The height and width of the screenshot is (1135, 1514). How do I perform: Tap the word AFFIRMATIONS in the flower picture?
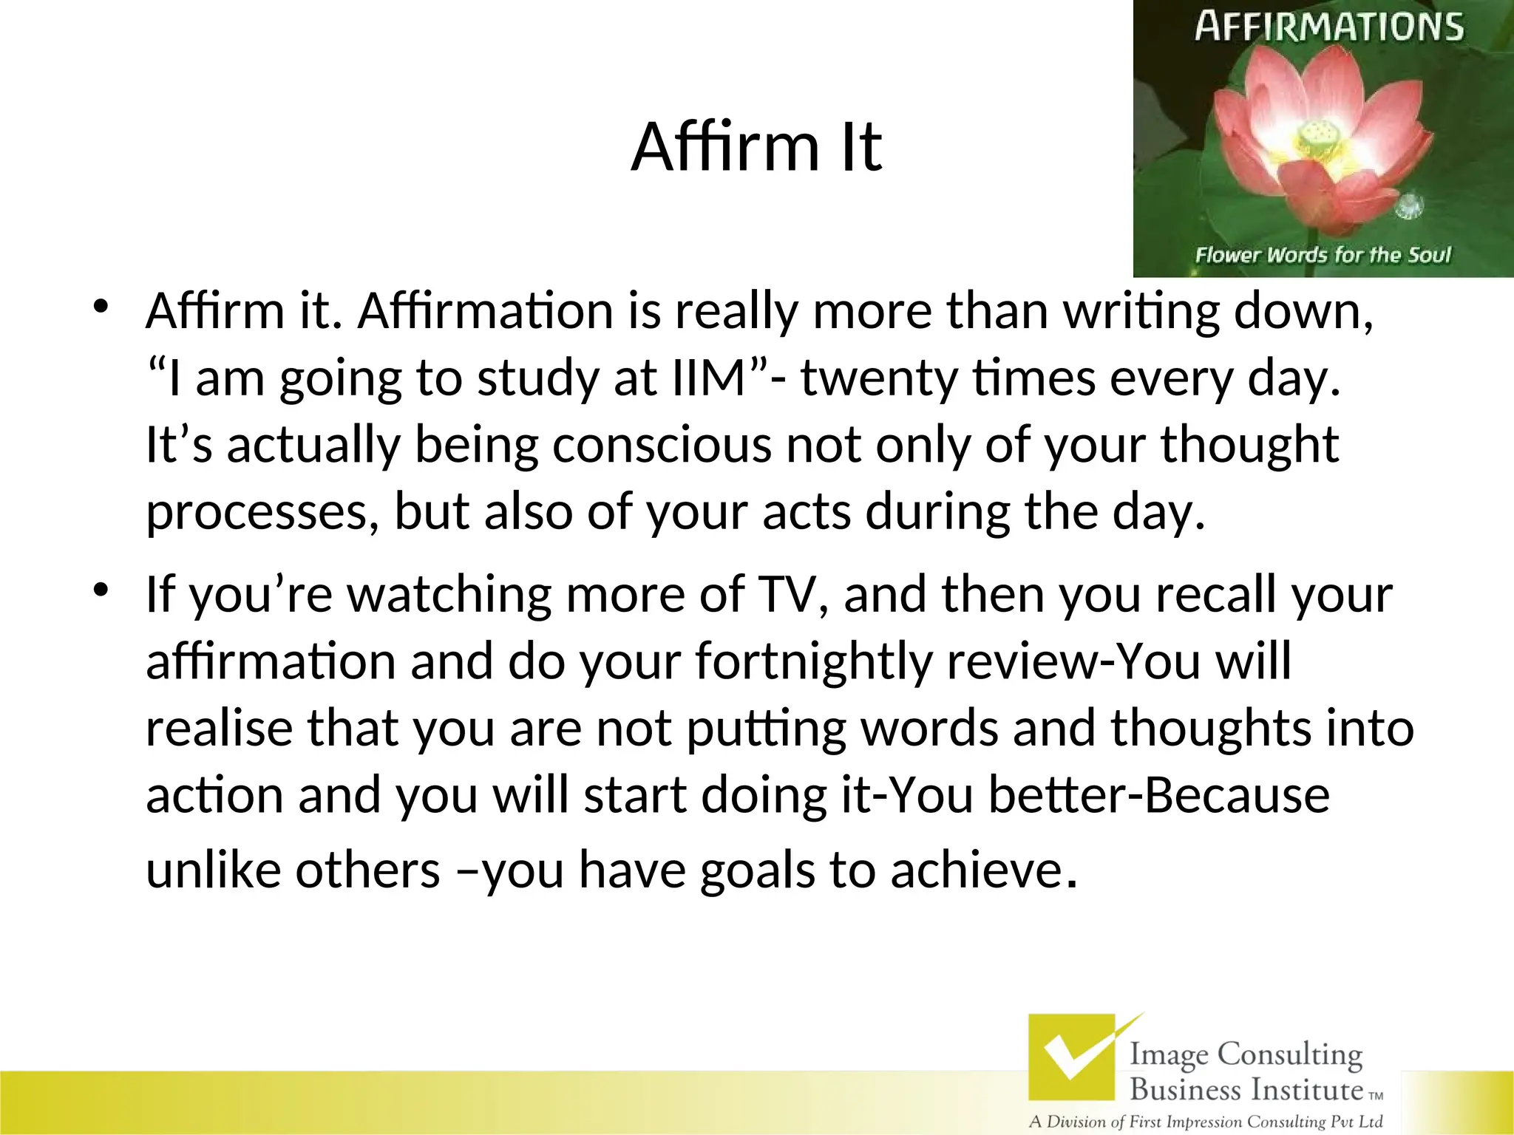1328,27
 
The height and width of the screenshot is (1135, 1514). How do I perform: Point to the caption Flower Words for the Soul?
1323,256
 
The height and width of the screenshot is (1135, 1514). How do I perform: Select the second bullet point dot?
101,589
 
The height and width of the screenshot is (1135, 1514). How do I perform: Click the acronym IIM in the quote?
709,378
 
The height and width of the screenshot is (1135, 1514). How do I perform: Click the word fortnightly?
813,661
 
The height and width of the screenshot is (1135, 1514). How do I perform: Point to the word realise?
219,727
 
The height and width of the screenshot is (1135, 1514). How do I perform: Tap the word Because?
1238,795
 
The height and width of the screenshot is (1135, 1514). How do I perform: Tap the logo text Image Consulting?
1246,1054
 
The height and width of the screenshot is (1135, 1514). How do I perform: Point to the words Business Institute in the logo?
1246,1090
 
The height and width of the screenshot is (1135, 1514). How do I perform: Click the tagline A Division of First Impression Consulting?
1205,1122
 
